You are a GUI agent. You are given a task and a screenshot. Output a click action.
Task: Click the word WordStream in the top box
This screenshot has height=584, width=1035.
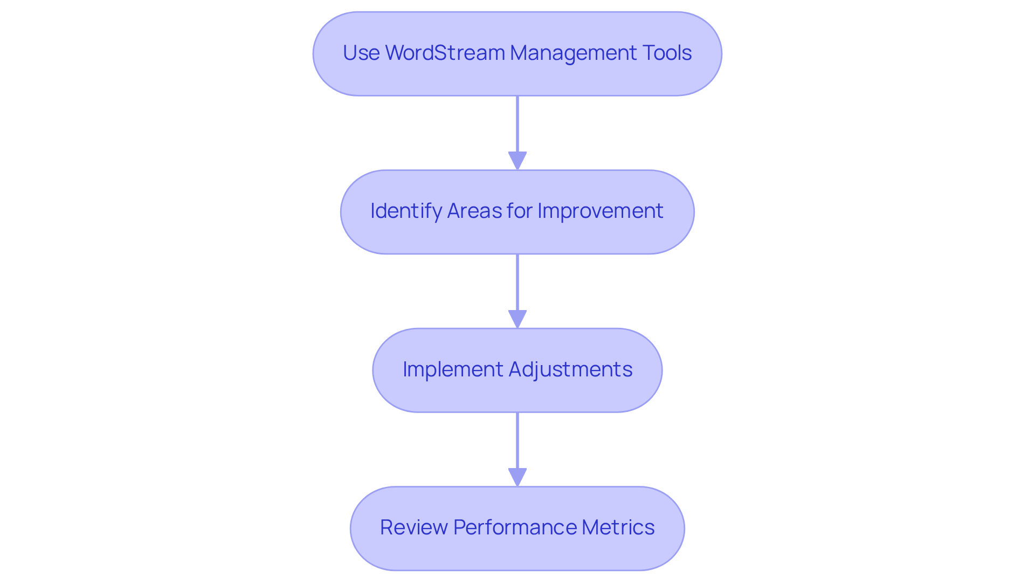click(445, 53)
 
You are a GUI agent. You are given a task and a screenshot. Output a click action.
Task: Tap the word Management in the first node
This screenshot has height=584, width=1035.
click(572, 53)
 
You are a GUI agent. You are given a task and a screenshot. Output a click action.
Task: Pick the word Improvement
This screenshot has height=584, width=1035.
click(600, 211)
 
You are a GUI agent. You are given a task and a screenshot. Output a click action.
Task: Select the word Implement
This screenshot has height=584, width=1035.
click(452, 369)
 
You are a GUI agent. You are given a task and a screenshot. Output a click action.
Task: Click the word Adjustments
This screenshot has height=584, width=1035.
click(570, 369)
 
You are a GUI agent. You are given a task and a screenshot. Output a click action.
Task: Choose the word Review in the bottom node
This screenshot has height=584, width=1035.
click(413, 527)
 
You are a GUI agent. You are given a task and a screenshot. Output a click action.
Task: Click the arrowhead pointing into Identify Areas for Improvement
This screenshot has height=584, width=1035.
click(517, 161)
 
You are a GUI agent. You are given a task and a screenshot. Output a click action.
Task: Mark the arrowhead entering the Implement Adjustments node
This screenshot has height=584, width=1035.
click(517, 319)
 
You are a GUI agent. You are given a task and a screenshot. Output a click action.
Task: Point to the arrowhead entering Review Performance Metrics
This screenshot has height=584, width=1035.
click(517, 478)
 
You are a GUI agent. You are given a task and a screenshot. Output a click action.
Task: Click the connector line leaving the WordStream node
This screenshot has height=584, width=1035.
click(517, 124)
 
